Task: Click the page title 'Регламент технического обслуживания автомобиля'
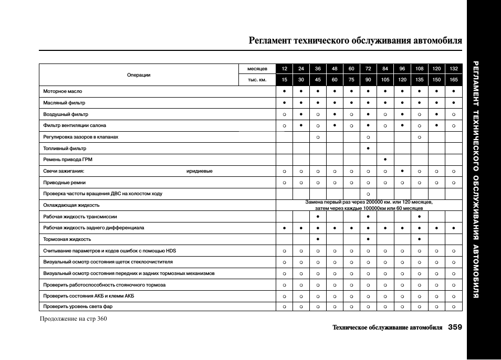356,40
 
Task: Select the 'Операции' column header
139,75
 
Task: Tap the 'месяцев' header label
257,69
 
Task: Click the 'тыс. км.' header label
257,80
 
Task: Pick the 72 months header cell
368,69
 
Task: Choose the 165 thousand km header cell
454,80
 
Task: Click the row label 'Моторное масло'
62,91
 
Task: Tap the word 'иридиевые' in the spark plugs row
200,171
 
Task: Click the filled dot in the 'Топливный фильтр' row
368,149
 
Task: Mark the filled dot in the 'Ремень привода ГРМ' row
385,160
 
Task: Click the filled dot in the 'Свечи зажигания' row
402,171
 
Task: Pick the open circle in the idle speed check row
368,194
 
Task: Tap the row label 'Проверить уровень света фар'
78,306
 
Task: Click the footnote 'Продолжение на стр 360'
74,319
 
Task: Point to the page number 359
455,327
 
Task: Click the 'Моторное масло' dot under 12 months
284,91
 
